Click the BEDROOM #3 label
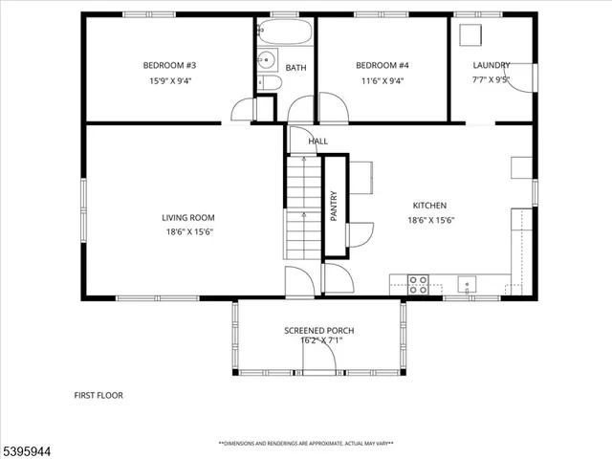tap(169, 65)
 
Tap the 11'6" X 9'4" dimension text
tap(382, 81)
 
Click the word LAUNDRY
tap(491, 65)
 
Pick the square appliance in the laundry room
tap(470, 34)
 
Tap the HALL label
tap(317, 142)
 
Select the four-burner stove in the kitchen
tap(418, 282)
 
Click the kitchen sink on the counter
tap(467, 282)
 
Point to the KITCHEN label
tap(429, 206)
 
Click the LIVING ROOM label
tap(187, 218)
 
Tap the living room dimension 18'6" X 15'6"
tap(187, 231)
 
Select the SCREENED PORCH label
tap(318, 331)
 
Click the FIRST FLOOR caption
tap(98, 395)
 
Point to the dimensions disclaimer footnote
tap(306, 444)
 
